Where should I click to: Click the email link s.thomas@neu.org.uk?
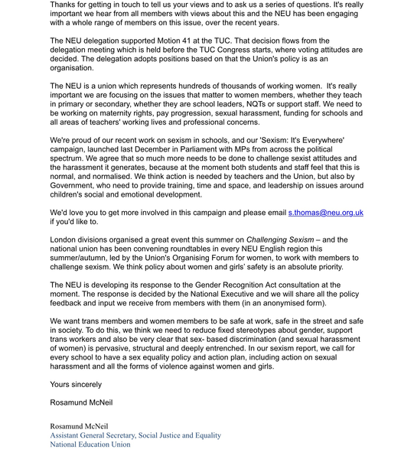pyautogui.click(x=325, y=212)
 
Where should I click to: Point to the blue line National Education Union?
pyautogui.click(x=90, y=444)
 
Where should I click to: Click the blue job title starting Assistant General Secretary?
pyautogui.click(x=135, y=435)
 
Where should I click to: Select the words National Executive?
pyautogui.click(x=230, y=294)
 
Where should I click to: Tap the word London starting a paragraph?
pyautogui.click(x=67, y=239)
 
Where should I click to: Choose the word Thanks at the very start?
pyautogui.click(x=67, y=5)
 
